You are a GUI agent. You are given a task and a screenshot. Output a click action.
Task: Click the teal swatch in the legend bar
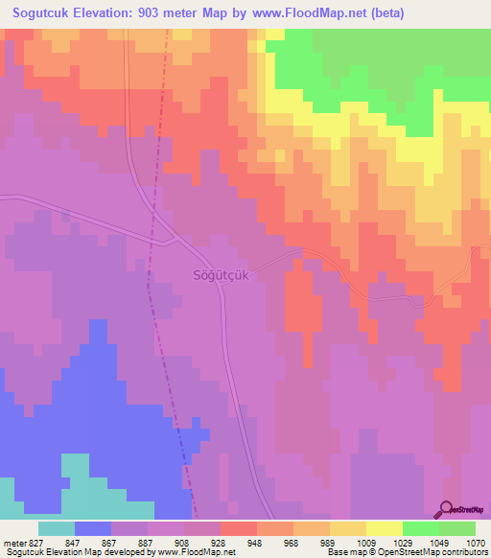coord(56,528)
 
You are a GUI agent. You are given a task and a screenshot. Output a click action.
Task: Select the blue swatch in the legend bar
coord(92,528)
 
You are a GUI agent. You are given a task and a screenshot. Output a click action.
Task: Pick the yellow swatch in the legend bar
coord(384,528)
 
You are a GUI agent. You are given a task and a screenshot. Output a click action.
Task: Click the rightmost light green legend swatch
coord(456,528)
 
